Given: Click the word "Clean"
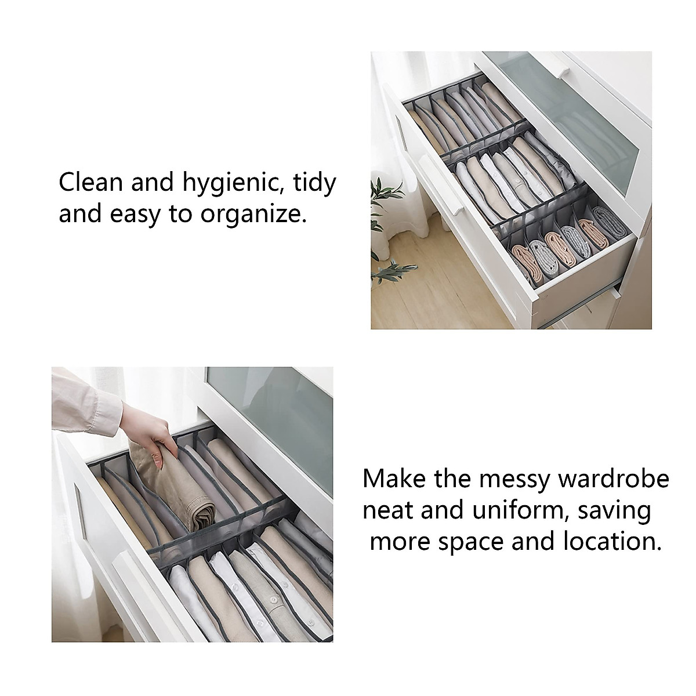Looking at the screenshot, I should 90,183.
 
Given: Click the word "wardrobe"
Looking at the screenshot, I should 621,480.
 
